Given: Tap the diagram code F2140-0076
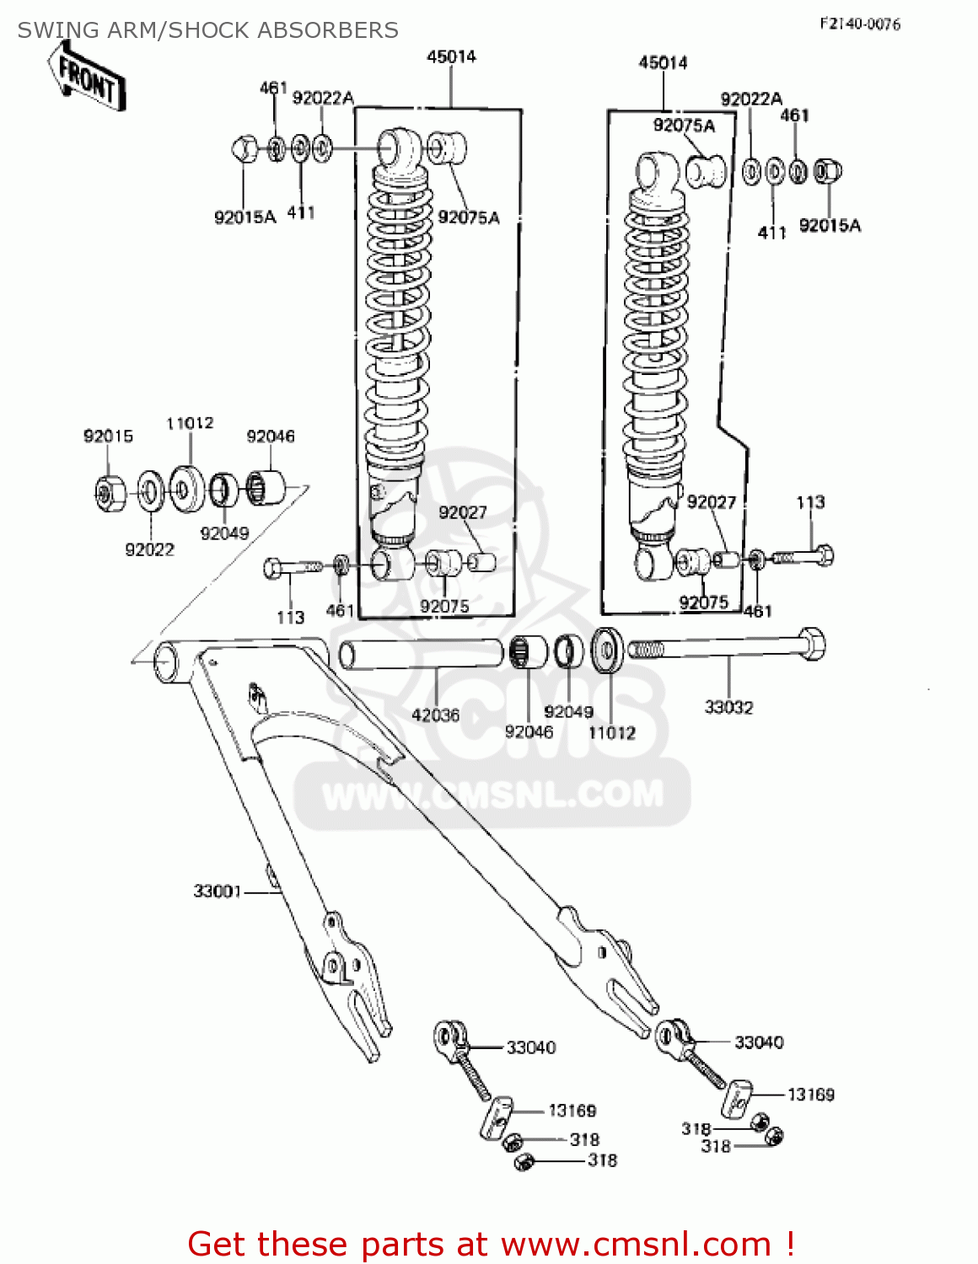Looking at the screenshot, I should (x=859, y=24).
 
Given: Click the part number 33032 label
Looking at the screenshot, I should (x=728, y=707).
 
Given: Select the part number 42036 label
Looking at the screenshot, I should (x=435, y=715).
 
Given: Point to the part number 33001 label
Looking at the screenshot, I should (x=218, y=891).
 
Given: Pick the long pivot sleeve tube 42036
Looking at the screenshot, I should (x=422, y=654).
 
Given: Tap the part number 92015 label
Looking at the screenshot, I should (x=108, y=436).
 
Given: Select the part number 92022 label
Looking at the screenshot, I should (x=149, y=549).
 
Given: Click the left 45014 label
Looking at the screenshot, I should (x=451, y=56).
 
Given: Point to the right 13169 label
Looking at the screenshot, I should (x=810, y=1094).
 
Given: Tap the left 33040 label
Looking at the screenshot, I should (x=530, y=1047).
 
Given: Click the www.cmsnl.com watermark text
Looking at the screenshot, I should (x=493, y=795).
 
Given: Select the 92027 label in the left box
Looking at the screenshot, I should (x=463, y=512).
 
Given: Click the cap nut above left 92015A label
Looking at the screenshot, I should (x=244, y=150).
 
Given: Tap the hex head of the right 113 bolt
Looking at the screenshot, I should (x=825, y=555).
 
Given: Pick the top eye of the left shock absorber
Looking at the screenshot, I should (x=396, y=148).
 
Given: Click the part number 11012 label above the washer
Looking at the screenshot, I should (x=190, y=422).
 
